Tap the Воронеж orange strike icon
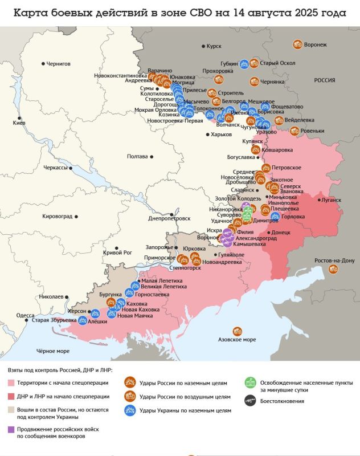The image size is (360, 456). coord(297,44)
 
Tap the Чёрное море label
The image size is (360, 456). coord(53,351)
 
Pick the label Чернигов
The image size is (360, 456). coord(58,64)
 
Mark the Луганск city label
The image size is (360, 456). coord(331,200)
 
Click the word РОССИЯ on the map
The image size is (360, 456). coord(325,80)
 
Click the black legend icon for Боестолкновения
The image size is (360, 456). coord(249,401)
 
